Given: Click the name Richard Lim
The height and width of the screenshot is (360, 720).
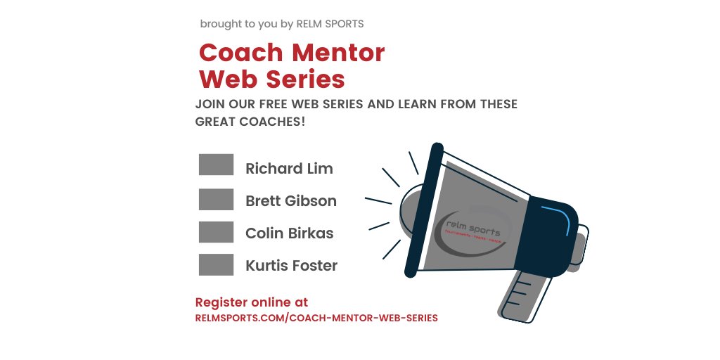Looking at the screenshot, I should point(289,169).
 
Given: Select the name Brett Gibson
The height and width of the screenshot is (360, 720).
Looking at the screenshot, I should point(290,201).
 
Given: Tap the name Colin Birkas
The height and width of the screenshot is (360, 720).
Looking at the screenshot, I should point(289,233).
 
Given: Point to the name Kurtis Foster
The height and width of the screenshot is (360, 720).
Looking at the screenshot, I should point(291,266).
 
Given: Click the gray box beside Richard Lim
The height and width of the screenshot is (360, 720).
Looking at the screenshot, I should point(216,165).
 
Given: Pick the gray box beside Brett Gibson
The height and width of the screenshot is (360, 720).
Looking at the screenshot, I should point(216,199).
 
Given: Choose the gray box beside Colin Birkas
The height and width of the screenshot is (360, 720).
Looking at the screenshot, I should point(216,232).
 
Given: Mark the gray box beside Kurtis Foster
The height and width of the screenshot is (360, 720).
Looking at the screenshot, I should point(216,265).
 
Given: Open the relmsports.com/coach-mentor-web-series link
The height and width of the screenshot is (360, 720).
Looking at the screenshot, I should point(316,318).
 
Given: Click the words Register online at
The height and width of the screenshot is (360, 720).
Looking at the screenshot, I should point(251,302).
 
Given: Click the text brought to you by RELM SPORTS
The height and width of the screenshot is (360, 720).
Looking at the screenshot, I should point(281,24).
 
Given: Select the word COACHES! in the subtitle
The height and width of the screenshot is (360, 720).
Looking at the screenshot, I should point(271,122).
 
